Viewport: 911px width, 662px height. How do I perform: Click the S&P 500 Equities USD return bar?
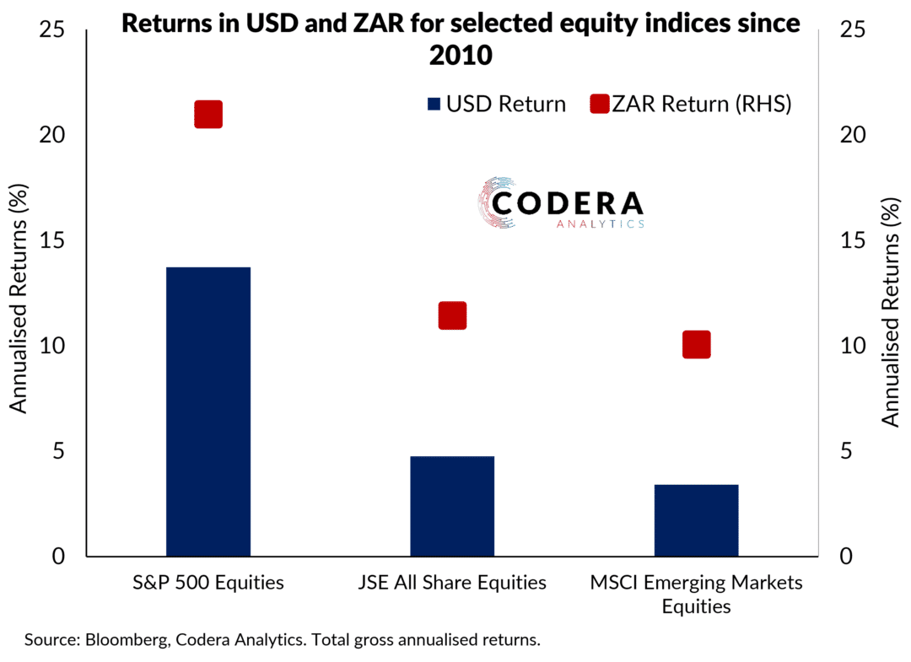pyautogui.click(x=208, y=412)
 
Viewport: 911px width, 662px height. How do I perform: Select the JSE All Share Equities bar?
pyautogui.click(x=452, y=506)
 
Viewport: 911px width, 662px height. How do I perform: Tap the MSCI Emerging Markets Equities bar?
pyautogui.click(x=696, y=520)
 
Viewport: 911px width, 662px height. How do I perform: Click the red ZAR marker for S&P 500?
pyautogui.click(x=208, y=114)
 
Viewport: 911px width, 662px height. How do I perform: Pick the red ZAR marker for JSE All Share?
pyautogui.click(x=452, y=315)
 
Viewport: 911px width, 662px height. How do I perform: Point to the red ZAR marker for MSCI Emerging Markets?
pyautogui.click(x=696, y=344)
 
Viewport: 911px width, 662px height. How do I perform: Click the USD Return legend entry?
pyautogui.click(x=497, y=104)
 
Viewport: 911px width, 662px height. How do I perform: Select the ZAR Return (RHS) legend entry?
pyautogui.click(x=691, y=104)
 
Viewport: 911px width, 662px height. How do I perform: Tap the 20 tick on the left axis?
pyautogui.click(x=52, y=135)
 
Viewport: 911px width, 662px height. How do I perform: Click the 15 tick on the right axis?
pyautogui.click(x=853, y=240)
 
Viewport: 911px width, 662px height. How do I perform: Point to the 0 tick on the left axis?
pyautogui.click(x=58, y=557)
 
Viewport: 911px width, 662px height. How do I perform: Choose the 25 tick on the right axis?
pyautogui.click(x=853, y=29)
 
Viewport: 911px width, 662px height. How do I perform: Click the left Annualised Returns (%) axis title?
pyautogui.click(x=18, y=299)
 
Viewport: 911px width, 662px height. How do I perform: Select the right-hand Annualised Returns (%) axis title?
pyautogui.click(x=890, y=312)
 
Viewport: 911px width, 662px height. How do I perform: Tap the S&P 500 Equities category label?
pyautogui.click(x=208, y=583)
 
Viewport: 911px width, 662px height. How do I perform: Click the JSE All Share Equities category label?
pyautogui.click(x=452, y=583)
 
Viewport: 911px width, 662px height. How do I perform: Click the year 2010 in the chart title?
pyautogui.click(x=461, y=56)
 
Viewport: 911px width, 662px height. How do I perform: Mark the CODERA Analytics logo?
pyautogui.click(x=561, y=203)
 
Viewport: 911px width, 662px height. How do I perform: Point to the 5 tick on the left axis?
pyautogui.click(x=58, y=451)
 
